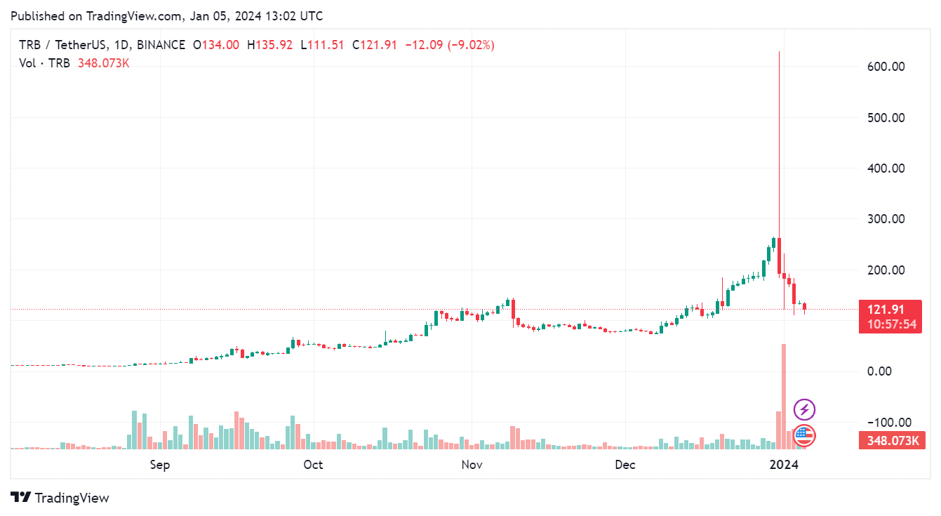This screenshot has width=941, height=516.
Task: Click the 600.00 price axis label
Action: click(886, 67)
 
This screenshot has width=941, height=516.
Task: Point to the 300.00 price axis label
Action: click(886, 219)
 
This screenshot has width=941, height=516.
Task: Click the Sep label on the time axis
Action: click(161, 465)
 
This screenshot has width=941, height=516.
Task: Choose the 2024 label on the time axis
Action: click(784, 465)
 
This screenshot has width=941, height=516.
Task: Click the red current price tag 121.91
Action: click(890, 310)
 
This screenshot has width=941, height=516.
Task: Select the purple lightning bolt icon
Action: click(804, 409)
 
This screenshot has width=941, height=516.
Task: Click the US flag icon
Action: click(804, 436)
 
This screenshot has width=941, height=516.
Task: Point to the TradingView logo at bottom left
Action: click(60, 498)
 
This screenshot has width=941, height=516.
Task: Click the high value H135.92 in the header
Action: click(269, 45)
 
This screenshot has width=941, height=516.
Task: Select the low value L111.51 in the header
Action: click(322, 45)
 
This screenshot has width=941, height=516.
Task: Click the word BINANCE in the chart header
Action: click(161, 45)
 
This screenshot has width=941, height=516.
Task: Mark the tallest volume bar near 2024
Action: click(784, 396)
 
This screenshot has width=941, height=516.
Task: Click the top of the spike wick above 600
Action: click(779, 53)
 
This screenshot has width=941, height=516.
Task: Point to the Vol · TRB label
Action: click(44, 63)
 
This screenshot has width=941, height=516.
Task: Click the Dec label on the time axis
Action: click(625, 465)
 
